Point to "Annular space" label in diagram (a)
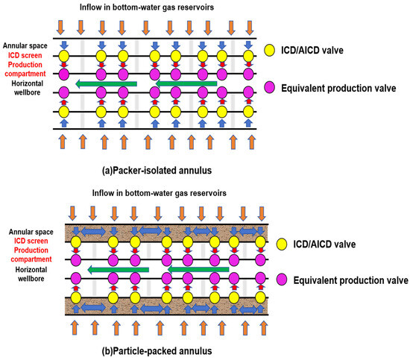tap(27, 46)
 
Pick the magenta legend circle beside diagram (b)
tap(273, 280)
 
